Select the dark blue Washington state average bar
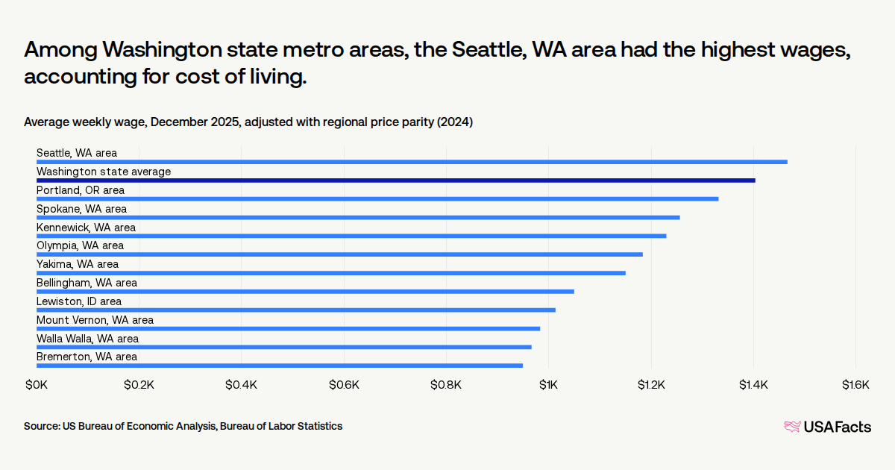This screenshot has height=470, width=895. [395, 181]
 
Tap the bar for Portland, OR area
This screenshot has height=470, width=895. [377, 199]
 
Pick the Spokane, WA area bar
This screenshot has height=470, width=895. [358, 218]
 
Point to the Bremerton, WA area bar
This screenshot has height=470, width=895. [280, 366]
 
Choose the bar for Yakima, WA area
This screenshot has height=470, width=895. [331, 273]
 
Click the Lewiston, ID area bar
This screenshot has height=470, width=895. [296, 310]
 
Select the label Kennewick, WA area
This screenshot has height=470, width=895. [87, 227]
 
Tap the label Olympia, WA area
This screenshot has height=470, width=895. [81, 245]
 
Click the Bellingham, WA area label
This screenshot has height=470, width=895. [87, 283]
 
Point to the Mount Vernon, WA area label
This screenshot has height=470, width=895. [95, 320]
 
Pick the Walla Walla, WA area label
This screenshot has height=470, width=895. [88, 339]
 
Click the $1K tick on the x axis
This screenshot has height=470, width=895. [549, 385]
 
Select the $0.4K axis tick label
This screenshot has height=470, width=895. [241, 385]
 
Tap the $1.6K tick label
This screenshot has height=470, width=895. [855, 385]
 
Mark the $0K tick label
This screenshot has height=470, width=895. [37, 385]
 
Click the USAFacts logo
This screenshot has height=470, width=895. [827, 427]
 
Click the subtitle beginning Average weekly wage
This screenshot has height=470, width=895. [248, 122]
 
